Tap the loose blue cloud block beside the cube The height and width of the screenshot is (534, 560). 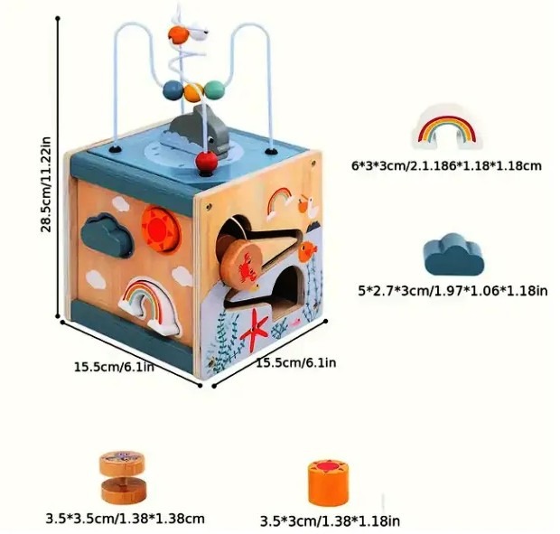(453, 254)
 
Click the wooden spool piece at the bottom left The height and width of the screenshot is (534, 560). (122, 476)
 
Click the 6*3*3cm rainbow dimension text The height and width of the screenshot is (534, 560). (446, 165)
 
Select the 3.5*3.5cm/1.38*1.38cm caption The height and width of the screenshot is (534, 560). (125, 519)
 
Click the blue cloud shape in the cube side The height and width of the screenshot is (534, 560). (105, 230)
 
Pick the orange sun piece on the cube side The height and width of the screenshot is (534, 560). (161, 230)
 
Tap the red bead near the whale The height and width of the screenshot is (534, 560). (208, 164)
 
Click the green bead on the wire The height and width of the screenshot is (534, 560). (214, 89)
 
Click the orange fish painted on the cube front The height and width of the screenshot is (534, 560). (307, 248)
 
